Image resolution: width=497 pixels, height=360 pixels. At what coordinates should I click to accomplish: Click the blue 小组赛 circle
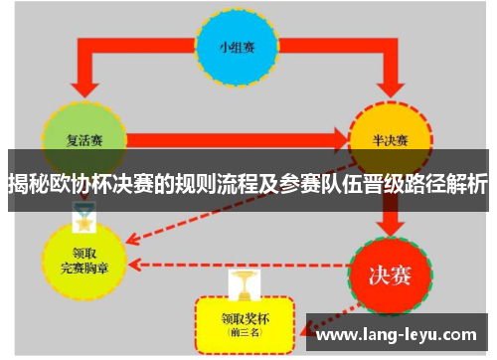(236, 46)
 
